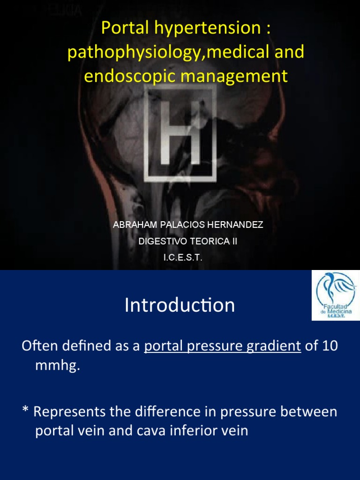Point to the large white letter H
[x=180, y=134]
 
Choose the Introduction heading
[x=180, y=306]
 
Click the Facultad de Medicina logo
[x=336, y=296]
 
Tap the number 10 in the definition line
[x=329, y=346]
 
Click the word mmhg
[x=57, y=366]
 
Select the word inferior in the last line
[x=199, y=431]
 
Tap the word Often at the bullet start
[x=39, y=346]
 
